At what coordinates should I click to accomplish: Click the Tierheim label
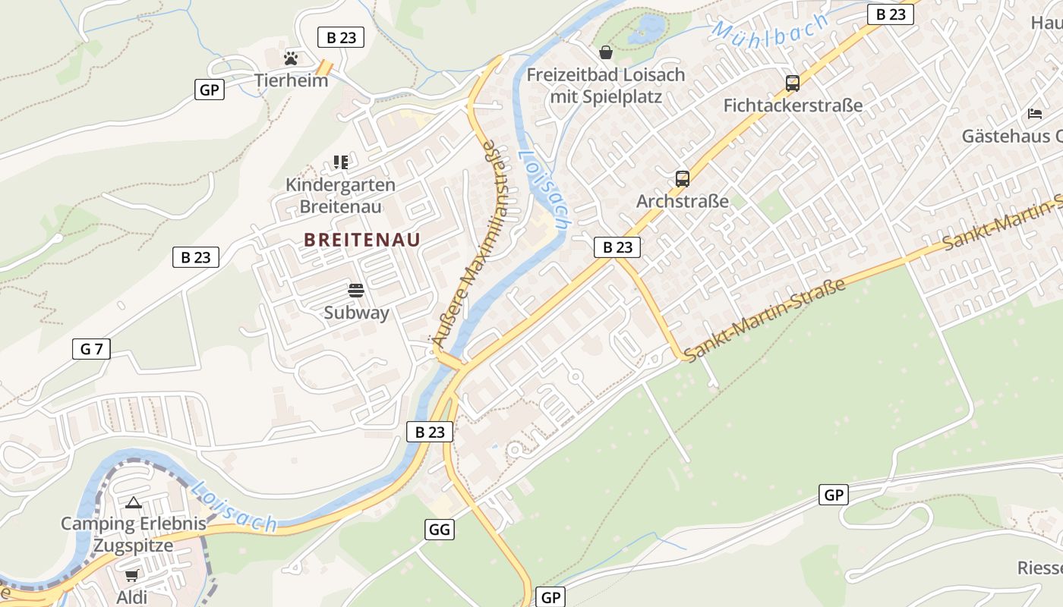tap(291, 80)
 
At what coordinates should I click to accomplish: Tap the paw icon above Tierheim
tap(291, 58)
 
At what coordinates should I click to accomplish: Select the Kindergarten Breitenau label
tap(340, 196)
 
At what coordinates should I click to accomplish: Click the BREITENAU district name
tap(362, 240)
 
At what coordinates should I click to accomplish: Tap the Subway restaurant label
tap(356, 313)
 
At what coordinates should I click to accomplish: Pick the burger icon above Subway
tap(356, 290)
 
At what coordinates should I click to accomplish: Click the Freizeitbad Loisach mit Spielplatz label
tap(605, 86)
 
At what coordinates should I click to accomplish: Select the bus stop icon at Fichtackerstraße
tap(793, 83)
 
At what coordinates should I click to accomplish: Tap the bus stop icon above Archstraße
tap(683, 179)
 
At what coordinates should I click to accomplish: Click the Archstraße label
tap(682, 201)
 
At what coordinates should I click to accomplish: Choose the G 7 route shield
tap(91, 349)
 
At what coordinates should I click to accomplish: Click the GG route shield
tap(440, 530)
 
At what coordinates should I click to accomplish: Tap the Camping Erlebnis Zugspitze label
tap(133, 534)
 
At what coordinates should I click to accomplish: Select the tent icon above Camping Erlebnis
tap(134, 502)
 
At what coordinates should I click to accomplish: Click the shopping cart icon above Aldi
tap(132, 576)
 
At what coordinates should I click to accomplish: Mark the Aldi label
tap(131, 597)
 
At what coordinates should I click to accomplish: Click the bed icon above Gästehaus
tap(1034, 114)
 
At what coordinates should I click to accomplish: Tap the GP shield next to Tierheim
tap(209, 90)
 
